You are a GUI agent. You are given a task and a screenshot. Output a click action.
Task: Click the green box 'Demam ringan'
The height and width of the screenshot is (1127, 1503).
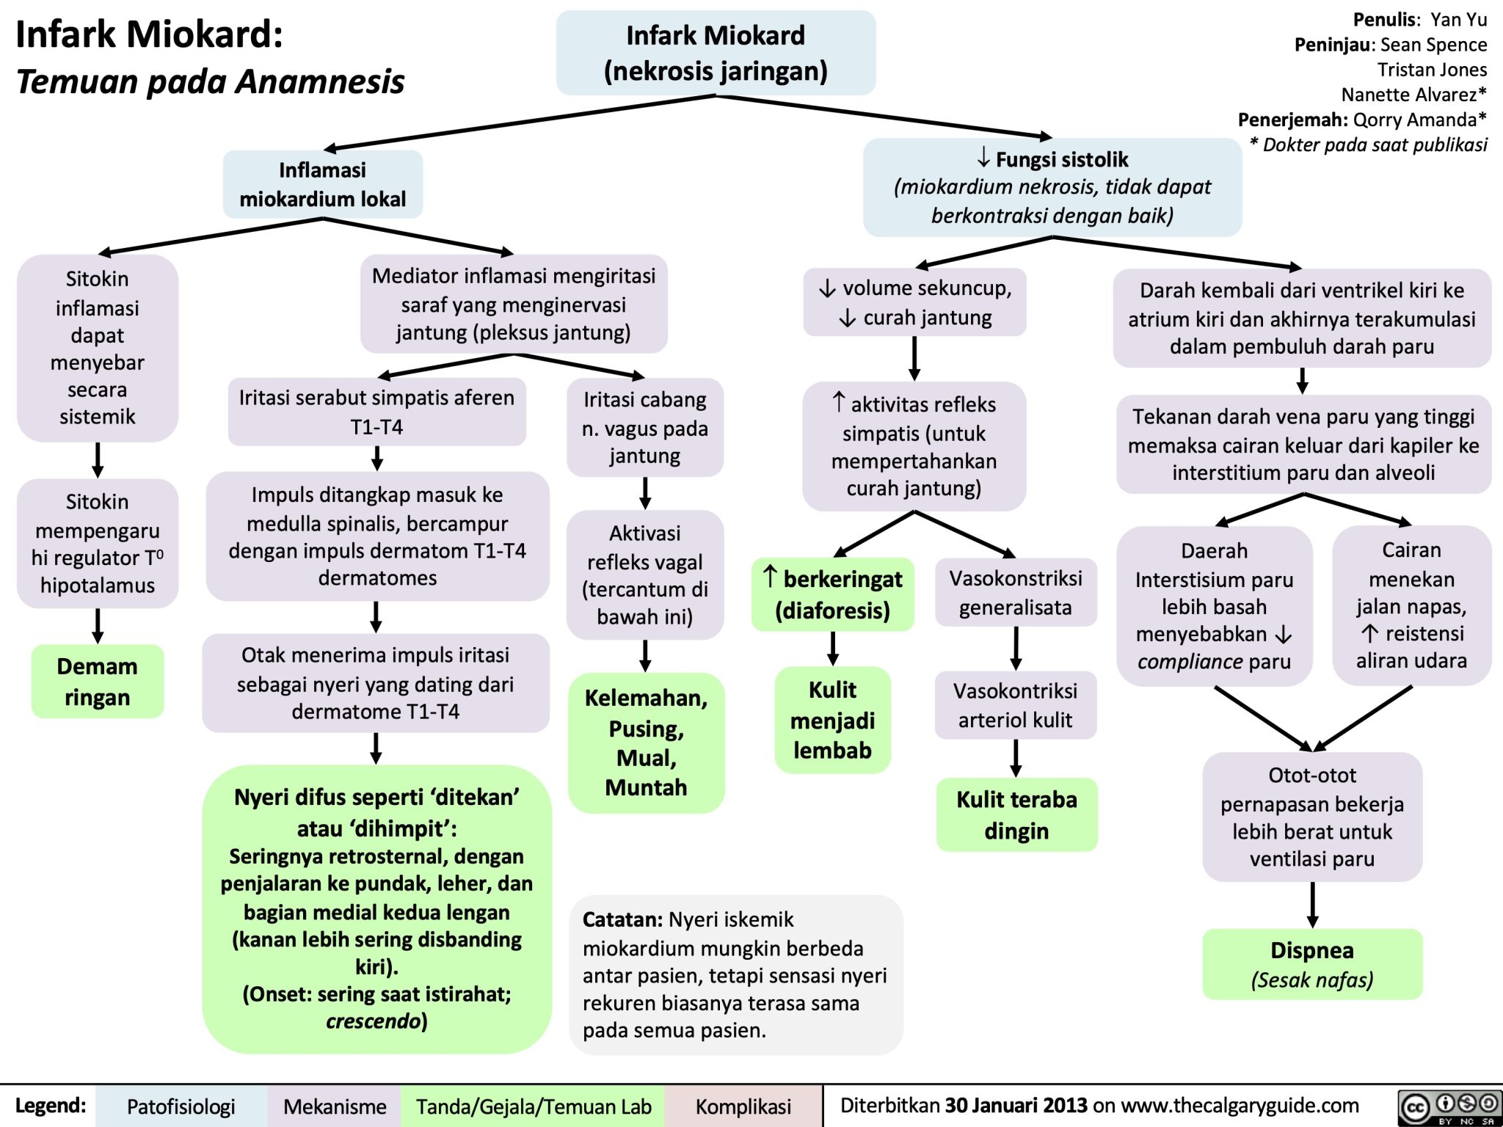pos(98,681)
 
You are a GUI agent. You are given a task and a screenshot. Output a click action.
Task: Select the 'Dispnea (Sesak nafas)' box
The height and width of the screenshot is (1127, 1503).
pos(1312,963)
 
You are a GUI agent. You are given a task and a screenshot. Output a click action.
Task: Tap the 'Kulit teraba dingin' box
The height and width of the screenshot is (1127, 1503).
pos(1016,814)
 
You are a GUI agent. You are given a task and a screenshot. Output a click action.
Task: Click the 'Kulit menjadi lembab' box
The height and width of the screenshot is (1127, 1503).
pos(832,720)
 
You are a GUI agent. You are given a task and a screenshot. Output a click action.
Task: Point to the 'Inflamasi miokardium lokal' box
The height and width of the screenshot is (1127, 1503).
pos(323,184)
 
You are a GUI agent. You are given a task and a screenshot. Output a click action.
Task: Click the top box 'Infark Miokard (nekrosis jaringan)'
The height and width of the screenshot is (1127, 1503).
pos(716,53)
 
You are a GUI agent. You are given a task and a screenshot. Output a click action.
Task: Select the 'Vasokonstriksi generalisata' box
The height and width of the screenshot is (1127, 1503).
pos(1016,592)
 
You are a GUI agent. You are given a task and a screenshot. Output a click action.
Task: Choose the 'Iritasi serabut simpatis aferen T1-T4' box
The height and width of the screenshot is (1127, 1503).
pos(376,412)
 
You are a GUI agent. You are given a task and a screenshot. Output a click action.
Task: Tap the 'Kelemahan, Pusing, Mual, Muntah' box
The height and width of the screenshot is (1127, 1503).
pos(646,742)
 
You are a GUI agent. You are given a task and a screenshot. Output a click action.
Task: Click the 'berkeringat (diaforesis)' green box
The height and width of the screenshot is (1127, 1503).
pos(833,594)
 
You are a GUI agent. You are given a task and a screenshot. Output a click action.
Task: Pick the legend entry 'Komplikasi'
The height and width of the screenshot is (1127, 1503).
pos(743,1106)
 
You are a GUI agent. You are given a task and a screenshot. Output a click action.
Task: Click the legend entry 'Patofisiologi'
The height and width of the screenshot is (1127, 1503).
pos(181,1106)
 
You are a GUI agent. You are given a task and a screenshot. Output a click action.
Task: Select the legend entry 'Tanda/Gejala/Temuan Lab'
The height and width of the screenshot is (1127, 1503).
pos(534,1106)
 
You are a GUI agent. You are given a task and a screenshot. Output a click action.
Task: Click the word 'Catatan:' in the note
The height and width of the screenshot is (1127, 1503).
pos(622,919)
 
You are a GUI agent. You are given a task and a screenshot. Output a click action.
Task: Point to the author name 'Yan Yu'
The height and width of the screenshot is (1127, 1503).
pos(1458,20)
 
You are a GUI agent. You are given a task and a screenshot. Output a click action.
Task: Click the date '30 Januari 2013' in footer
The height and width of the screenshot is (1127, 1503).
pos(1016,1105)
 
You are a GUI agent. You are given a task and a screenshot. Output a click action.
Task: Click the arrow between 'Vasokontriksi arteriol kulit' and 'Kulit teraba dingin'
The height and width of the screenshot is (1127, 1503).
pos(1016,758)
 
